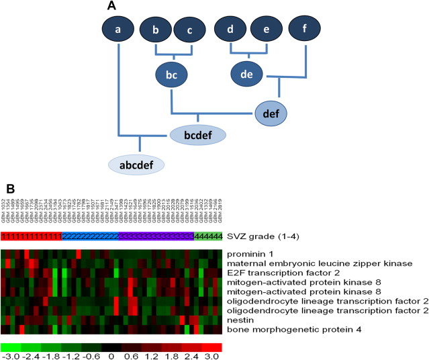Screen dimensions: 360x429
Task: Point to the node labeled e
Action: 266,30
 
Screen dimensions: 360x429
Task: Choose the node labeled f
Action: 306,30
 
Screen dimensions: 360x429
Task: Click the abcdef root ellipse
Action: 140,163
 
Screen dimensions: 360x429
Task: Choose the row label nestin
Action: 240,320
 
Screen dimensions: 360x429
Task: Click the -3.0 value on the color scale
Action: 9,356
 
